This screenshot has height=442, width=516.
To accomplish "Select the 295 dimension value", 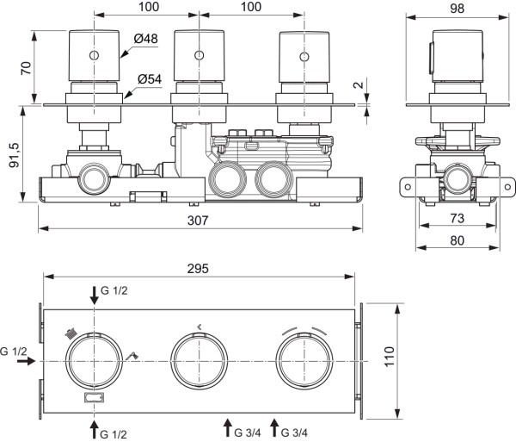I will (200, 267).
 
